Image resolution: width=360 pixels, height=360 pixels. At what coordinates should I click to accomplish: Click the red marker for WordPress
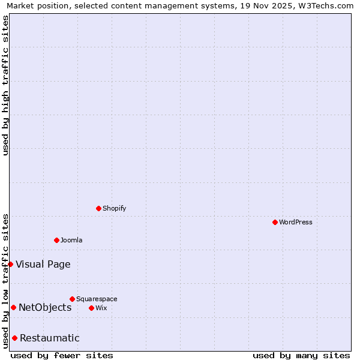[275, 222]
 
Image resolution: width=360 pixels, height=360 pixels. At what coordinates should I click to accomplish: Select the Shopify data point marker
[98, 208]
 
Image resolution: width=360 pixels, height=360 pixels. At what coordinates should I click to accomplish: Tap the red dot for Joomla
[56, 240]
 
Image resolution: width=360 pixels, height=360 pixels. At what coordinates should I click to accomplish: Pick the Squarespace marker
[72, 299]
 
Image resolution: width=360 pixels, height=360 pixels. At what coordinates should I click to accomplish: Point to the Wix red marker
[91, 308]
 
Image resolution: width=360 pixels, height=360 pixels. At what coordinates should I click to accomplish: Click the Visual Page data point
[10, 264]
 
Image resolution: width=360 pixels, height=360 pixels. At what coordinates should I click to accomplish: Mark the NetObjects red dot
[13, 308]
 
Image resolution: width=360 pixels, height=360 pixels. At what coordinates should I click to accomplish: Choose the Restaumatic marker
[14, 338]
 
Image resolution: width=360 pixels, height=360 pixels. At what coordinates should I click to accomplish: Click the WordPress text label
[296, 222]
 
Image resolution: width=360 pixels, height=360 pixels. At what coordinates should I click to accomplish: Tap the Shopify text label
[114, 208]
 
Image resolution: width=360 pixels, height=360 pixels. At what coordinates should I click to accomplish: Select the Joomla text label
[71, 240]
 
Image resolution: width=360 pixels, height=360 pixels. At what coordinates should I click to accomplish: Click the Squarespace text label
[97, 299]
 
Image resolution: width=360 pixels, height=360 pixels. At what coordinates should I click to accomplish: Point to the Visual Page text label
[43, 264]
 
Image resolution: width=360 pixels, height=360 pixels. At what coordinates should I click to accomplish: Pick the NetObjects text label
[45, 308]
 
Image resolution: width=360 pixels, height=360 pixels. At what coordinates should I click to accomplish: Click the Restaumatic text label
[49, 338]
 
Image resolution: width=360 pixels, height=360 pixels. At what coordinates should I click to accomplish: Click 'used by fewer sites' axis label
[62, 355]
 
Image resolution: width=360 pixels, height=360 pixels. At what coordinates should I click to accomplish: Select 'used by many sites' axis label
[301, 355]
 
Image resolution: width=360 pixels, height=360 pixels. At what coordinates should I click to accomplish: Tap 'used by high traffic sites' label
[5, 85]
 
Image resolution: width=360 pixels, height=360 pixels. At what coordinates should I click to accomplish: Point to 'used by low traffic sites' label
[5, 280]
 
